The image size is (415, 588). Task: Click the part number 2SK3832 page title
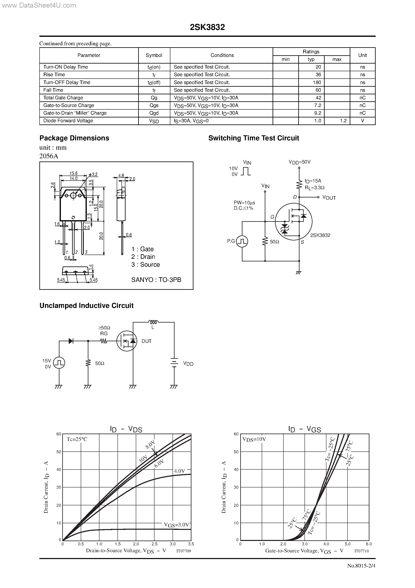(207, 27)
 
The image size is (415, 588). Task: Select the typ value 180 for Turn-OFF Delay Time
(317, 82)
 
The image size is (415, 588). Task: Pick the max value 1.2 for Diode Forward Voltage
(343, 121)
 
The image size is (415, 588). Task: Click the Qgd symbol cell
(154, 113)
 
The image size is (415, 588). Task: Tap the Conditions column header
(222, 55)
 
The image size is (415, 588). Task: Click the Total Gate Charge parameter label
(63, 98)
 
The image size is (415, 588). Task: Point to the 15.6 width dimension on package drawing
(74, 173)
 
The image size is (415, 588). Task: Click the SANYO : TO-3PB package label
(156, 280)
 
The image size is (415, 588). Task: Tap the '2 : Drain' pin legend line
(143, 257)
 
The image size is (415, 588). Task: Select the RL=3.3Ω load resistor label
(314, 188)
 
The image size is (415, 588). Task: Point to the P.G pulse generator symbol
(242, 241)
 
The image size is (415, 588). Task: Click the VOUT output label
(329, 197)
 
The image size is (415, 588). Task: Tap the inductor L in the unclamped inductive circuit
(153, 322)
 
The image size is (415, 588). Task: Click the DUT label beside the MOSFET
(146, 341)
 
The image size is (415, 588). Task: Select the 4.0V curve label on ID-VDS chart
(179, 471)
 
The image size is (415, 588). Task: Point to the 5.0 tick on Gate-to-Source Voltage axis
(348, 544)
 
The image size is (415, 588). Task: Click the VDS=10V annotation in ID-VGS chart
(254, 439)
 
